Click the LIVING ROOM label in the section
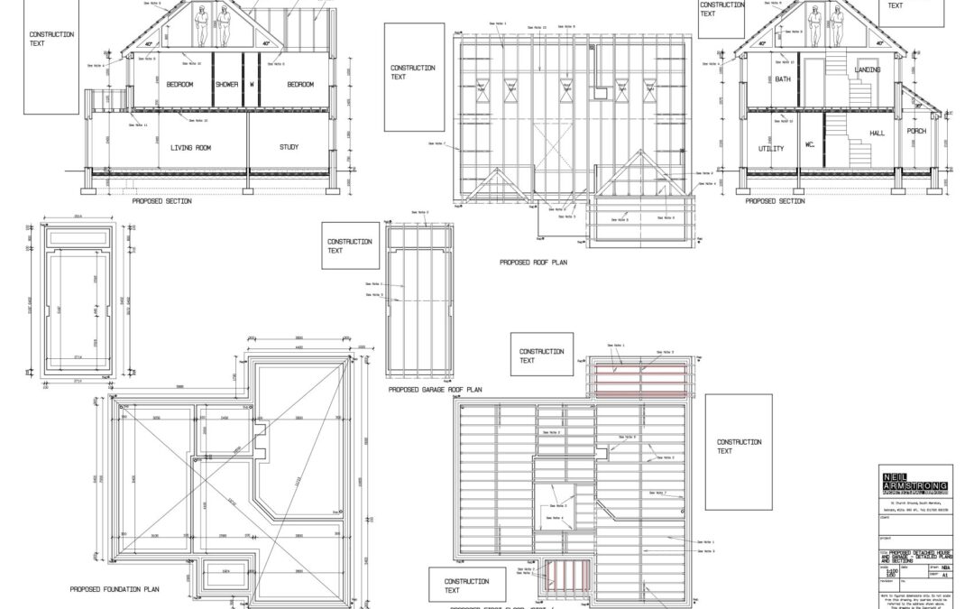(190, 147)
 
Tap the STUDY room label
(289, 146)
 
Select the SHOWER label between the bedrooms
(226, 85)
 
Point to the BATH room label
(782, 80)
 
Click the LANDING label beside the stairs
(868, 69)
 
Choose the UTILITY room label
(770, 148)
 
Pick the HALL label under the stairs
(877, 134)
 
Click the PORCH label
(916, 131)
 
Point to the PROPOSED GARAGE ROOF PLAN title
(436, 390)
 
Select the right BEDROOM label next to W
(300, 85)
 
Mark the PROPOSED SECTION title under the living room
(161, 201)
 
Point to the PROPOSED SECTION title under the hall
(775, 201)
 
